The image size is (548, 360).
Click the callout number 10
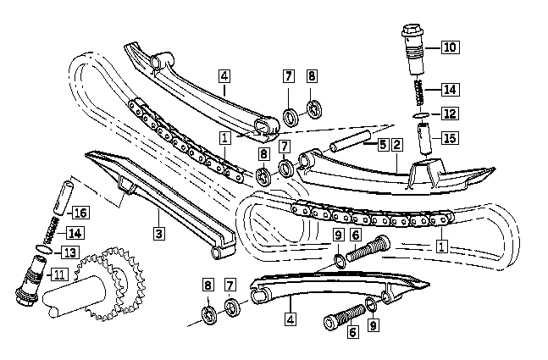click(x=449, y=47)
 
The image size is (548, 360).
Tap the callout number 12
click(x=449, y=114)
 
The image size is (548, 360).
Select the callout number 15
click(x=449, y=136)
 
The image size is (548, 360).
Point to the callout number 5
click(x=383, y=145)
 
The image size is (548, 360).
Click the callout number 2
click(x=397, y=145)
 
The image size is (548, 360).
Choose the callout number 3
click(x=158, y=230)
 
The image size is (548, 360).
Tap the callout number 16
click(x=80, y=212)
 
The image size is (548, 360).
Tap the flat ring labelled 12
click(x=420, y=114)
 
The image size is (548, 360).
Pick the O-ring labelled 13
click(x=46, y=249)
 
